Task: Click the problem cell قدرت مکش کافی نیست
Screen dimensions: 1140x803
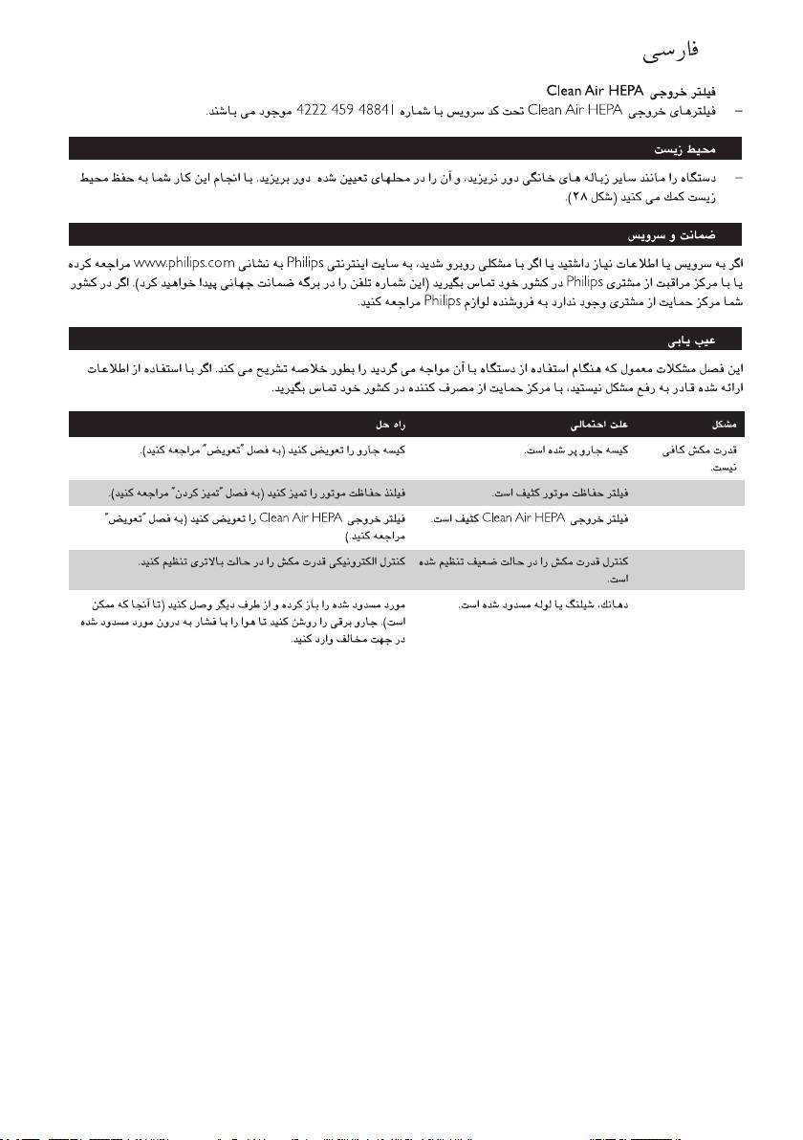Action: pos(704,457)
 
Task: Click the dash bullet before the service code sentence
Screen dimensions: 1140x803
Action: pos(737,112)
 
